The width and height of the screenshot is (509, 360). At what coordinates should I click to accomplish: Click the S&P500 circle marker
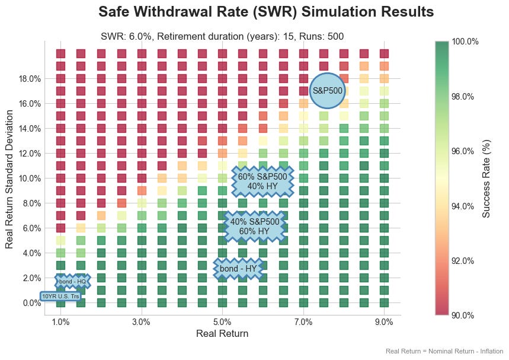328,91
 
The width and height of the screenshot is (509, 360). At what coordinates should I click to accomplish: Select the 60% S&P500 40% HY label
262,181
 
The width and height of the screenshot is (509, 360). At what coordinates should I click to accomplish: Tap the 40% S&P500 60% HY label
255,226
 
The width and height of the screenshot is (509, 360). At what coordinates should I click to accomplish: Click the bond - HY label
238,269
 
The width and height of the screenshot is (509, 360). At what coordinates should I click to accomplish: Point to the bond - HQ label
72,281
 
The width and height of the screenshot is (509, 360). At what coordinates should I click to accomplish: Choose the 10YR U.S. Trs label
60,296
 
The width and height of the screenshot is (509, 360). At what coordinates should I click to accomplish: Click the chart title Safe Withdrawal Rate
266,12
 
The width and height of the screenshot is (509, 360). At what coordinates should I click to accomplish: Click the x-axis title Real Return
222,334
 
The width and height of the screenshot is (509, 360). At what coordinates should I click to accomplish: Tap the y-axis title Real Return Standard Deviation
9,178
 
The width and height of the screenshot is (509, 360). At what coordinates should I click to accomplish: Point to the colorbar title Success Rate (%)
486,179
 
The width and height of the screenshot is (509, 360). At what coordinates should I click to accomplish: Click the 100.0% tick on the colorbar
465,42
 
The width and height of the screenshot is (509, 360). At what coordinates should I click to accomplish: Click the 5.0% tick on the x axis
222,322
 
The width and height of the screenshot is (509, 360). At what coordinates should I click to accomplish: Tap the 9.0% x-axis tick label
384,322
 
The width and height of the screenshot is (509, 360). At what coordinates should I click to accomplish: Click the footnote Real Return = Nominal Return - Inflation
444,351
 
